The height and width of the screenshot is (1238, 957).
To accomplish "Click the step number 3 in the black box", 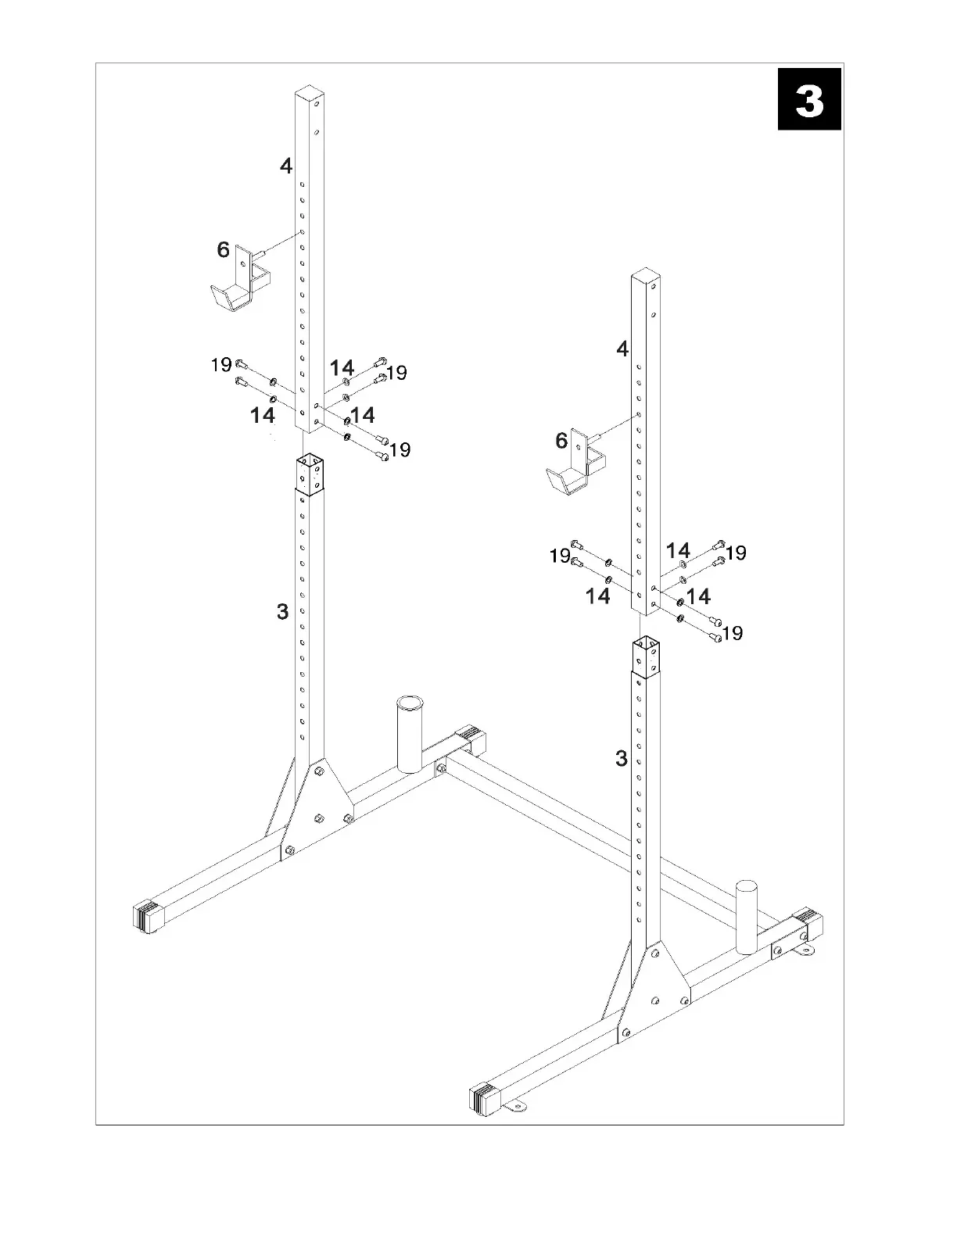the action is [x=809, y=100].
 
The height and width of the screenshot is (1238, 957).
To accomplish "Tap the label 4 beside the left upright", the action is [x=286, y=166].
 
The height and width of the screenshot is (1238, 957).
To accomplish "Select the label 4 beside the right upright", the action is [x=622, y=349].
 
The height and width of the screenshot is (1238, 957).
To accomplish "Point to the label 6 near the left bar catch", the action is [x=224, y=250].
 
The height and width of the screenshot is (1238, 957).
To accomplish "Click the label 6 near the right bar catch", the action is [x=561, y=441].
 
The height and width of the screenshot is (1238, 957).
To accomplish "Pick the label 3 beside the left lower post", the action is [x=283, y=612].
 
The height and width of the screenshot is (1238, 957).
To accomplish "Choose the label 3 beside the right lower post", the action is [x=622, y=758].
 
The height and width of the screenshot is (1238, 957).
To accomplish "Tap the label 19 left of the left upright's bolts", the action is [x=221, y=364].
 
